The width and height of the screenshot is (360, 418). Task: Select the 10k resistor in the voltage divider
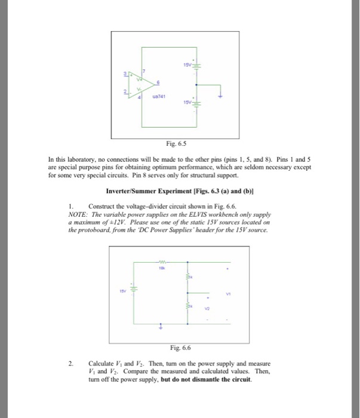click(x=161, y=262)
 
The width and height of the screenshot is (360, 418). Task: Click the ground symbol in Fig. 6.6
click(x=160, y=327)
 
